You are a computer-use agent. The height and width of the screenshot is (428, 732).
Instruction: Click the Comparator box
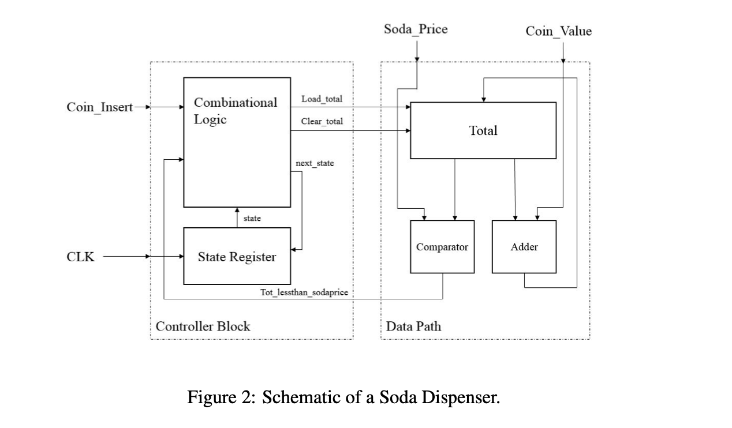442,247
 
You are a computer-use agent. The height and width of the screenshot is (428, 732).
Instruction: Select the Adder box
524,247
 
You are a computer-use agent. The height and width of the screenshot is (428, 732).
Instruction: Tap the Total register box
483,130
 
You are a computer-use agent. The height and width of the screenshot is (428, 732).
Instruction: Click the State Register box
237,257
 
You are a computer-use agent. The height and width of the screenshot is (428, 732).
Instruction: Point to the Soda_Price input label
416,29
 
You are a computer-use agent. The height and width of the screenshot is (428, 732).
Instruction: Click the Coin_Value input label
558,31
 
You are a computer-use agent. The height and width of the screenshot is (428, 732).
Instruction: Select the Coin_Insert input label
100,107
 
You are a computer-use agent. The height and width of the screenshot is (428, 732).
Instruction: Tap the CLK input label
80,257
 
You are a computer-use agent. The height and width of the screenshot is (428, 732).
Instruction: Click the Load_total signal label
322,99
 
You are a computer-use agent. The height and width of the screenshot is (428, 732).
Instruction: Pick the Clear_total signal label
322,122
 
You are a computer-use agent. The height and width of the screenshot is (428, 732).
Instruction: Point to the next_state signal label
315,163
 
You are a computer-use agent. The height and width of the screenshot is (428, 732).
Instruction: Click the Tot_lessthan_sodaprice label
304,292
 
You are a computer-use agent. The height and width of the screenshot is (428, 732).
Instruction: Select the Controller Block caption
203,326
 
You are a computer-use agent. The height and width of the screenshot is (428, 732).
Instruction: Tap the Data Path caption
413,326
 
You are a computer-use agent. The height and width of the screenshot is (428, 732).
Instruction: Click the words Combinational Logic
235,111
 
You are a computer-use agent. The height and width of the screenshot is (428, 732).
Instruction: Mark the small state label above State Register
252,218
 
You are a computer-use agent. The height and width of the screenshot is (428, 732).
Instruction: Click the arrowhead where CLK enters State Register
180,257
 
